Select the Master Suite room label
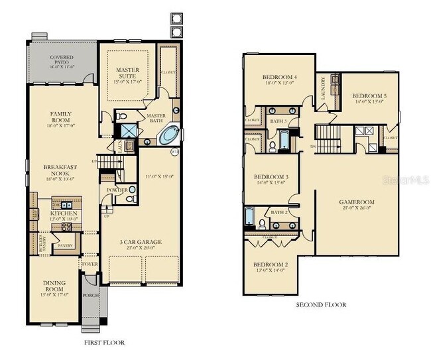(127, 73)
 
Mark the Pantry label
(66, 245)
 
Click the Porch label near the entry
(90, 295)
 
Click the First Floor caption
(104, 343)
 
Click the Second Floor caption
(320, 305)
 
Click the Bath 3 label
(278, 121)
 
